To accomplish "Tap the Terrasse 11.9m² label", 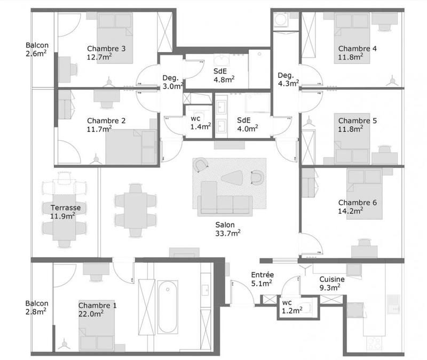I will (62, 212).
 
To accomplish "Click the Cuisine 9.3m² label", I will (331, 283).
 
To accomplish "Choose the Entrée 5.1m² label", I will (262, 279).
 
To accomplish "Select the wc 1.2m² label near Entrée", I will (290, 306).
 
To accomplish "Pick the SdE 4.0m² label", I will (248, 124).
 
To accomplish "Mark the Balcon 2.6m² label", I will (37, 49).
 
